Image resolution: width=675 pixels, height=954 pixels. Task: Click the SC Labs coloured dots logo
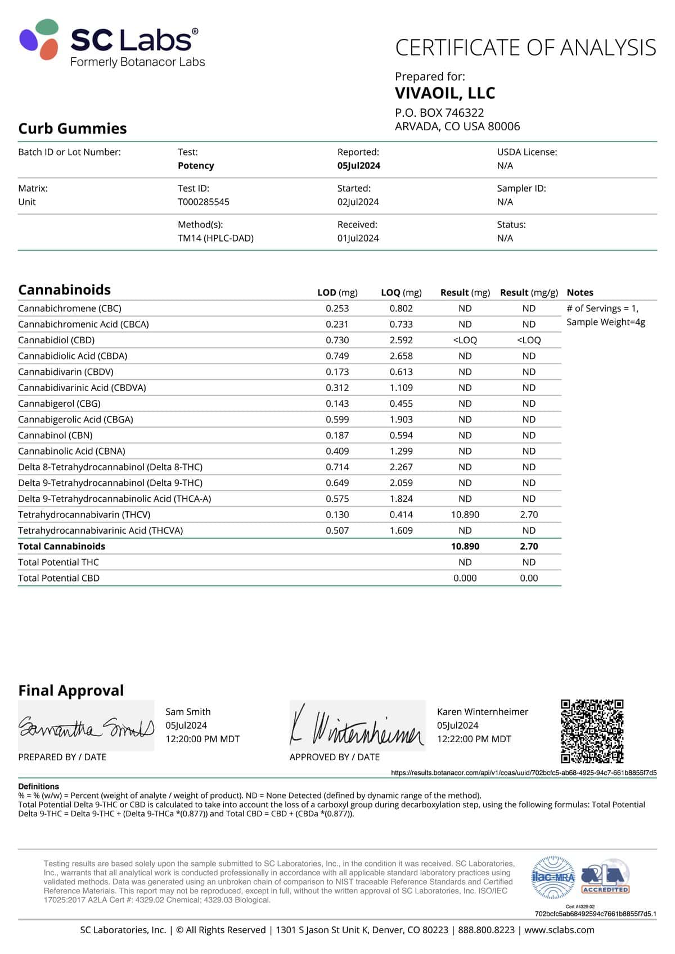point(39,39)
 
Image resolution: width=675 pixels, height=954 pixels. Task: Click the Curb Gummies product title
point(73,129)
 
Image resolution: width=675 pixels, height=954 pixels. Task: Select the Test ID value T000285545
point(204,202)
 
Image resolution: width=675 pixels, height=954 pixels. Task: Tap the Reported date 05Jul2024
point(359,166)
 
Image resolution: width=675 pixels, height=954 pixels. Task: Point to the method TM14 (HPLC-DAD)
point(215,238)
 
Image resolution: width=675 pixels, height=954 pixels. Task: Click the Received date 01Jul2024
point(358,238)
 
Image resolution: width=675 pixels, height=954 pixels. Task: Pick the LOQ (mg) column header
point(401,293)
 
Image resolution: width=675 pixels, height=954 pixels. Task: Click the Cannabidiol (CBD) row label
point(56,340)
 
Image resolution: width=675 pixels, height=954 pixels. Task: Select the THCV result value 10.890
point(465,515)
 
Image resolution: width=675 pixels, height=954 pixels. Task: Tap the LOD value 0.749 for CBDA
point(337,356)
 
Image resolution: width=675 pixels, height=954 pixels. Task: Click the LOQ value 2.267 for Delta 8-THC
point(401,467)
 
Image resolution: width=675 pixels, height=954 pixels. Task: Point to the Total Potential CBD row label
point(58,578)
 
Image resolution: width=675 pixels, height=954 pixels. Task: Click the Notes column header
point(580,293)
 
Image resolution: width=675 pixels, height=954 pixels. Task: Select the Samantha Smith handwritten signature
point(86,727)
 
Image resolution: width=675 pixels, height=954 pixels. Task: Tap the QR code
point(592,731)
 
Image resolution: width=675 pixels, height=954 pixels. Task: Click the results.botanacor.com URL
point(524,773)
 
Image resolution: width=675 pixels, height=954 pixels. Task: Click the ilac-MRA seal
point(553,877)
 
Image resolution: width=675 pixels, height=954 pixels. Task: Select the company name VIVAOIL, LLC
point(445,93)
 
